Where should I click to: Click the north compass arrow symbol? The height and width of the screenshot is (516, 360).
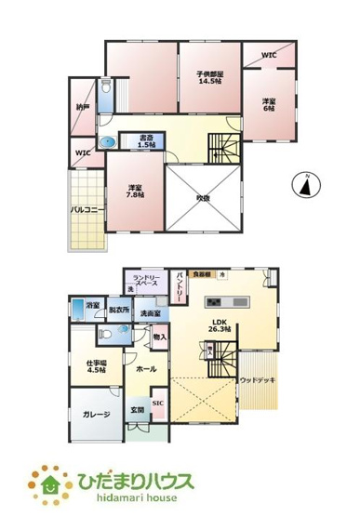[304, 185]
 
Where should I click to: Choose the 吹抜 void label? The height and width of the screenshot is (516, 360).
[206, 196]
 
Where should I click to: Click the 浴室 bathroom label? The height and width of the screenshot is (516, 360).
[92, 305]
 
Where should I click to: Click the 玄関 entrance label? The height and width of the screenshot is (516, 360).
[137, 411]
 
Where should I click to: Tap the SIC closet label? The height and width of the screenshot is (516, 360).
[158, 403]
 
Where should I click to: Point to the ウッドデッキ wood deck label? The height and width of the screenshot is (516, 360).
[257, 380]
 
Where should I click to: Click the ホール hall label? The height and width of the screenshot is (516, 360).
[144, 369]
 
